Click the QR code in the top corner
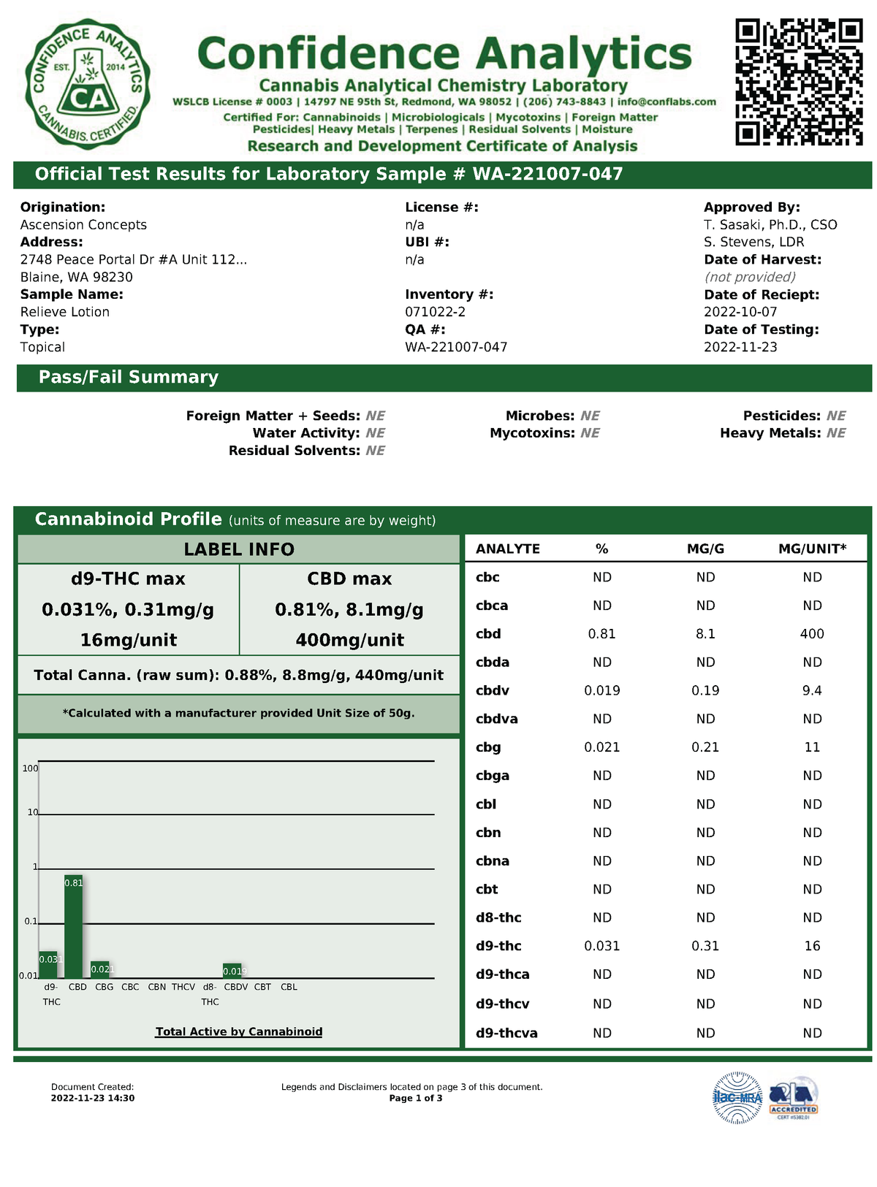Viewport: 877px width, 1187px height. pyautogui.click(x=799, y=82)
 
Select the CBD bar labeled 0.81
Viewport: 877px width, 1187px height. pyautogui.click(x=73, y=926)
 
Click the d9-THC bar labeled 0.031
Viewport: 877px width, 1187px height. pyautogui.click(x=48, y=964)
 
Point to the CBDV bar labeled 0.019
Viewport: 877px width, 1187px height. pyautogui.click(x=232, y=971)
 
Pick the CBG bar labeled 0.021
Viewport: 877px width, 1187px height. pyautogui.click(x=100, y=969)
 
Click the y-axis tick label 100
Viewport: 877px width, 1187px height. pyautogui.click(x=30, y=768)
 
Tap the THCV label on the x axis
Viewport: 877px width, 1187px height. pyautogui.click(x=183, y=987)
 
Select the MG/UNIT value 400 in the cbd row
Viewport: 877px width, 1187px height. pyautogui.click(x=812, y=634)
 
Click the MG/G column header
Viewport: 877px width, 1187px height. pyautogui.click(x=705, y=549)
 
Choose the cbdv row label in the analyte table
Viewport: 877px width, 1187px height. pyautogui.click(x=493, y=691)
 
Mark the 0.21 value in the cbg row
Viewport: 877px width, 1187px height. pyautogui.click(x=705, y=747)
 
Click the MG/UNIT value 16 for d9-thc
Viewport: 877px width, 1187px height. pyautogui.click(x=812, y=946)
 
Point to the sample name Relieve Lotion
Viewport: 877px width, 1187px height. pyautogui.click(x=65, y=312)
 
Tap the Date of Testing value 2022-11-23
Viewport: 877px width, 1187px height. pyautogui.click(x=740, y=347)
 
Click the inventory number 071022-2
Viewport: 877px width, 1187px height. pyautogui.click(x=436, y=312)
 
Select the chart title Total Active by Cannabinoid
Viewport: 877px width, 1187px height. pyautogui.click(x=239, y=1031)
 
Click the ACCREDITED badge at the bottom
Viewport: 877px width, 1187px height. pyautogui.click(x=794, y=1098)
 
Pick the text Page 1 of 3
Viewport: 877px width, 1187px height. pyautogui.click(x=416, y=1098)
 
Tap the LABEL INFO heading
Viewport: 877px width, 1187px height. pyautogui.click(x=239, y=549)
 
